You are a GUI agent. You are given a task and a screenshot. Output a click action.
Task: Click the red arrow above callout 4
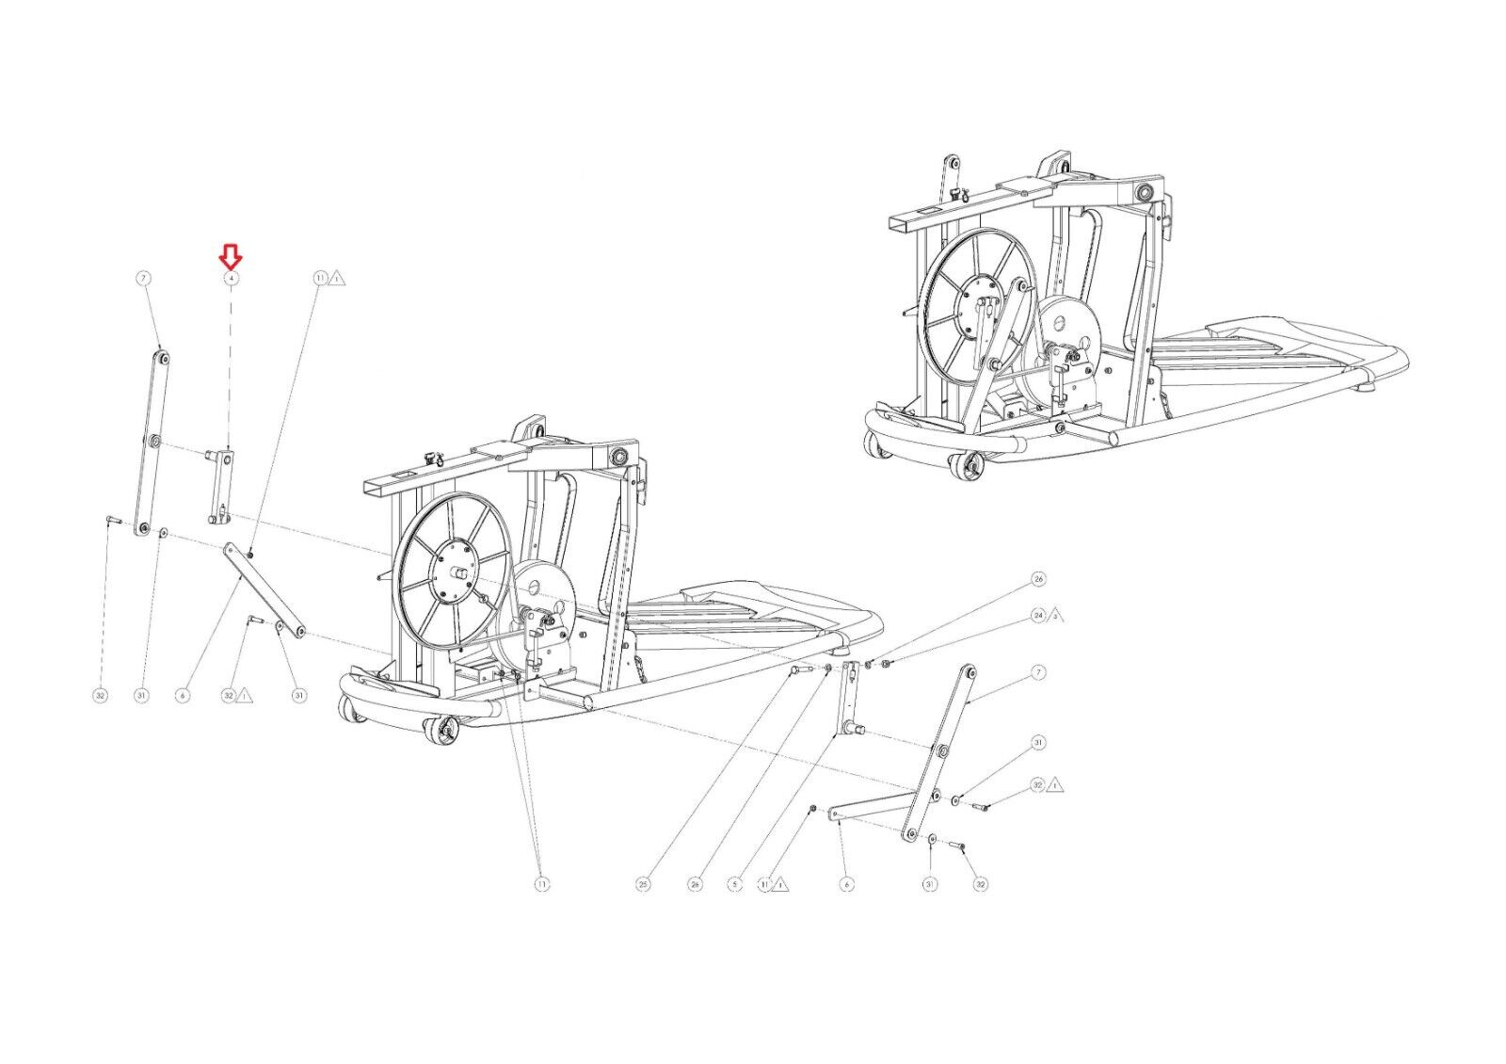coord(231,255)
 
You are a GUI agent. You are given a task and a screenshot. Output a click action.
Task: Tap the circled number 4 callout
coord(231,279)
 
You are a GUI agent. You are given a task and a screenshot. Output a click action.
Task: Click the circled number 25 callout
coord(644,884)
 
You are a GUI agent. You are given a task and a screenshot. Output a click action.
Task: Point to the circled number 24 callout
coord(1039,616)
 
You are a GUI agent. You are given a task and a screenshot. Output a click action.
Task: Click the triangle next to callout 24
coord(1056,615)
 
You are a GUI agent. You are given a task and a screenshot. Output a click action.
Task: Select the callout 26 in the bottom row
coord(695,884)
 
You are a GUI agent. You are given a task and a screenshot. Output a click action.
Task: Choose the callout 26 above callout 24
coord(1039,578)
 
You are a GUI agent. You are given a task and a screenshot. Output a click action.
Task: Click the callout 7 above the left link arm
coord(142,279)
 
